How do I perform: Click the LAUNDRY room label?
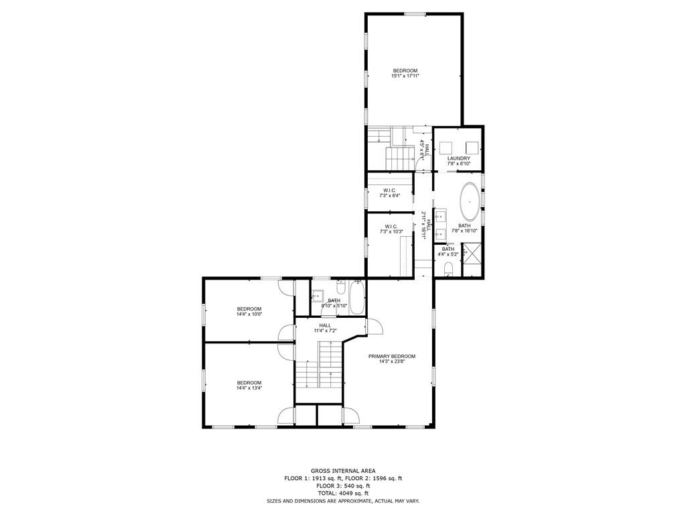[x=458, y=158]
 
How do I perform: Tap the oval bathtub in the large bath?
[x=470, y=202]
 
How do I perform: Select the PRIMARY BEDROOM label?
[x=391, y=357]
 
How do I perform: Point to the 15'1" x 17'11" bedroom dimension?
[x=405, y=76]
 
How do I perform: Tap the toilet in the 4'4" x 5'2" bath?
[x=448, y=268]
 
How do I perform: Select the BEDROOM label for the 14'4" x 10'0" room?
[x=249, y=308]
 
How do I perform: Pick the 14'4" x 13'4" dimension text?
[x=249, y=388]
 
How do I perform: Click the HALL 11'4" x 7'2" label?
[x=325, y=328]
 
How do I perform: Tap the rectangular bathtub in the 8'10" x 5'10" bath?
[x=357, y=298]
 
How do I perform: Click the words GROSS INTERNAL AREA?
[x=343, y=471]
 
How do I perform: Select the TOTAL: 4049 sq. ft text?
[x=343, y=494]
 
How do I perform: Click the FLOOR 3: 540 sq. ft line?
[x=343, y=486]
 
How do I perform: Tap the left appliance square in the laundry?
[x=446, y=147]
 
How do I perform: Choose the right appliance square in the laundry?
[x=472, y=147]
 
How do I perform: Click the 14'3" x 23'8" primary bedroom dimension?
[x=391, y=362]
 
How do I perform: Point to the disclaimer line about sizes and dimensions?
[x=343, y=501]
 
